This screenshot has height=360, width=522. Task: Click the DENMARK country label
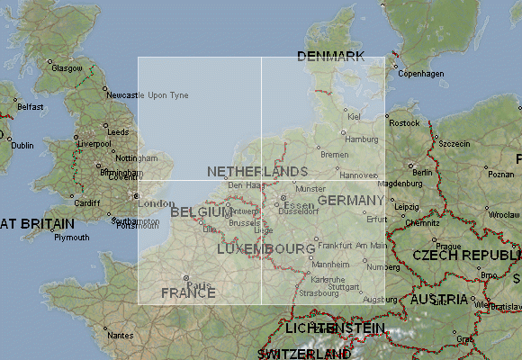click(330, 57)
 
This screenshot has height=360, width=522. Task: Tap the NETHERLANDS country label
click(257, 171)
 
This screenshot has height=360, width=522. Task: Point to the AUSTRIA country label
click(438, 299)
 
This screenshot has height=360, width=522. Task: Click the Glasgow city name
click(67, 68)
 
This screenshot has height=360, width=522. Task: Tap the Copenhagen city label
click(421, 74)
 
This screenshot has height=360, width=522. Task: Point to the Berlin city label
click(421, 172)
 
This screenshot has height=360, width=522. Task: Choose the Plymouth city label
click(72, 238)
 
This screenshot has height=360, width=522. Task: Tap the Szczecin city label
click(454, 143)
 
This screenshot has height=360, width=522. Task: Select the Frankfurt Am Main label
click(353, 246)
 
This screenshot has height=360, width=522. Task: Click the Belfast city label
click(30, 106)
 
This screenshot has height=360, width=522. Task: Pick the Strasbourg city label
click(320, 293)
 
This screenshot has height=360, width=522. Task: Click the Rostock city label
click(405, 122)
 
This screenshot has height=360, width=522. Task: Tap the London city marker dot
click(137, 195)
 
